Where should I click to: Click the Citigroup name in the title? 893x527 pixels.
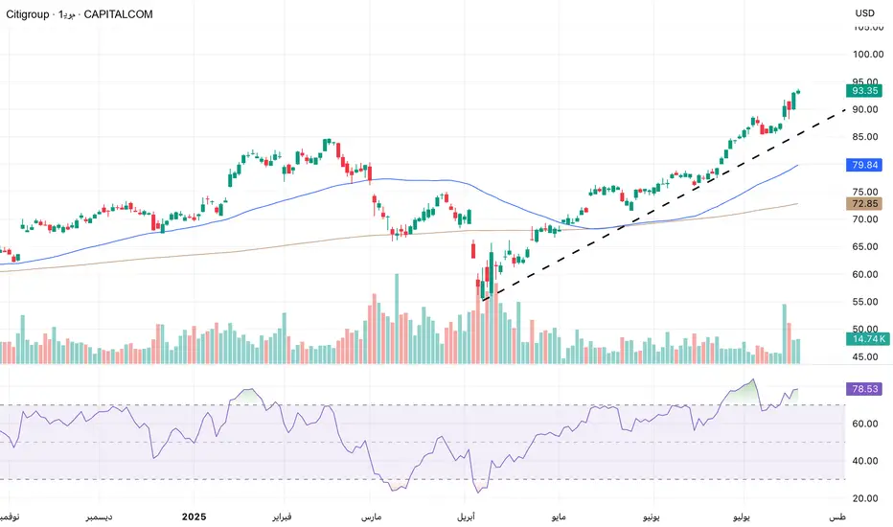click(30, 15)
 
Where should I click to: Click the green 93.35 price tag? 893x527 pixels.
click(863, 91)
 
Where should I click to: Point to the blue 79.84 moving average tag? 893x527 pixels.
click(863, 165)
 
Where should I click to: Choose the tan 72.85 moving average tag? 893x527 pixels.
click(863, 204)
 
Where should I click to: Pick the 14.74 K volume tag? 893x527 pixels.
click(865, 338)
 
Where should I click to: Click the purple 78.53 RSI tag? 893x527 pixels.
click(863, 390)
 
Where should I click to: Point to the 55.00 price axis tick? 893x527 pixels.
click(866, 303)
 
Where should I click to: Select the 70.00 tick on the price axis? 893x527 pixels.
click(866, 220)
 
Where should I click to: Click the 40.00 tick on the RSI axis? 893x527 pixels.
click(866, 461)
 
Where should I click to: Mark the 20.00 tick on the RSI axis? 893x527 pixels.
click(866, 498)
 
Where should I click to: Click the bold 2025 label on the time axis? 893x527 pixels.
click(195, 517)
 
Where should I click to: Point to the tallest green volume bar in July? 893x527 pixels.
click(784, 333)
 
